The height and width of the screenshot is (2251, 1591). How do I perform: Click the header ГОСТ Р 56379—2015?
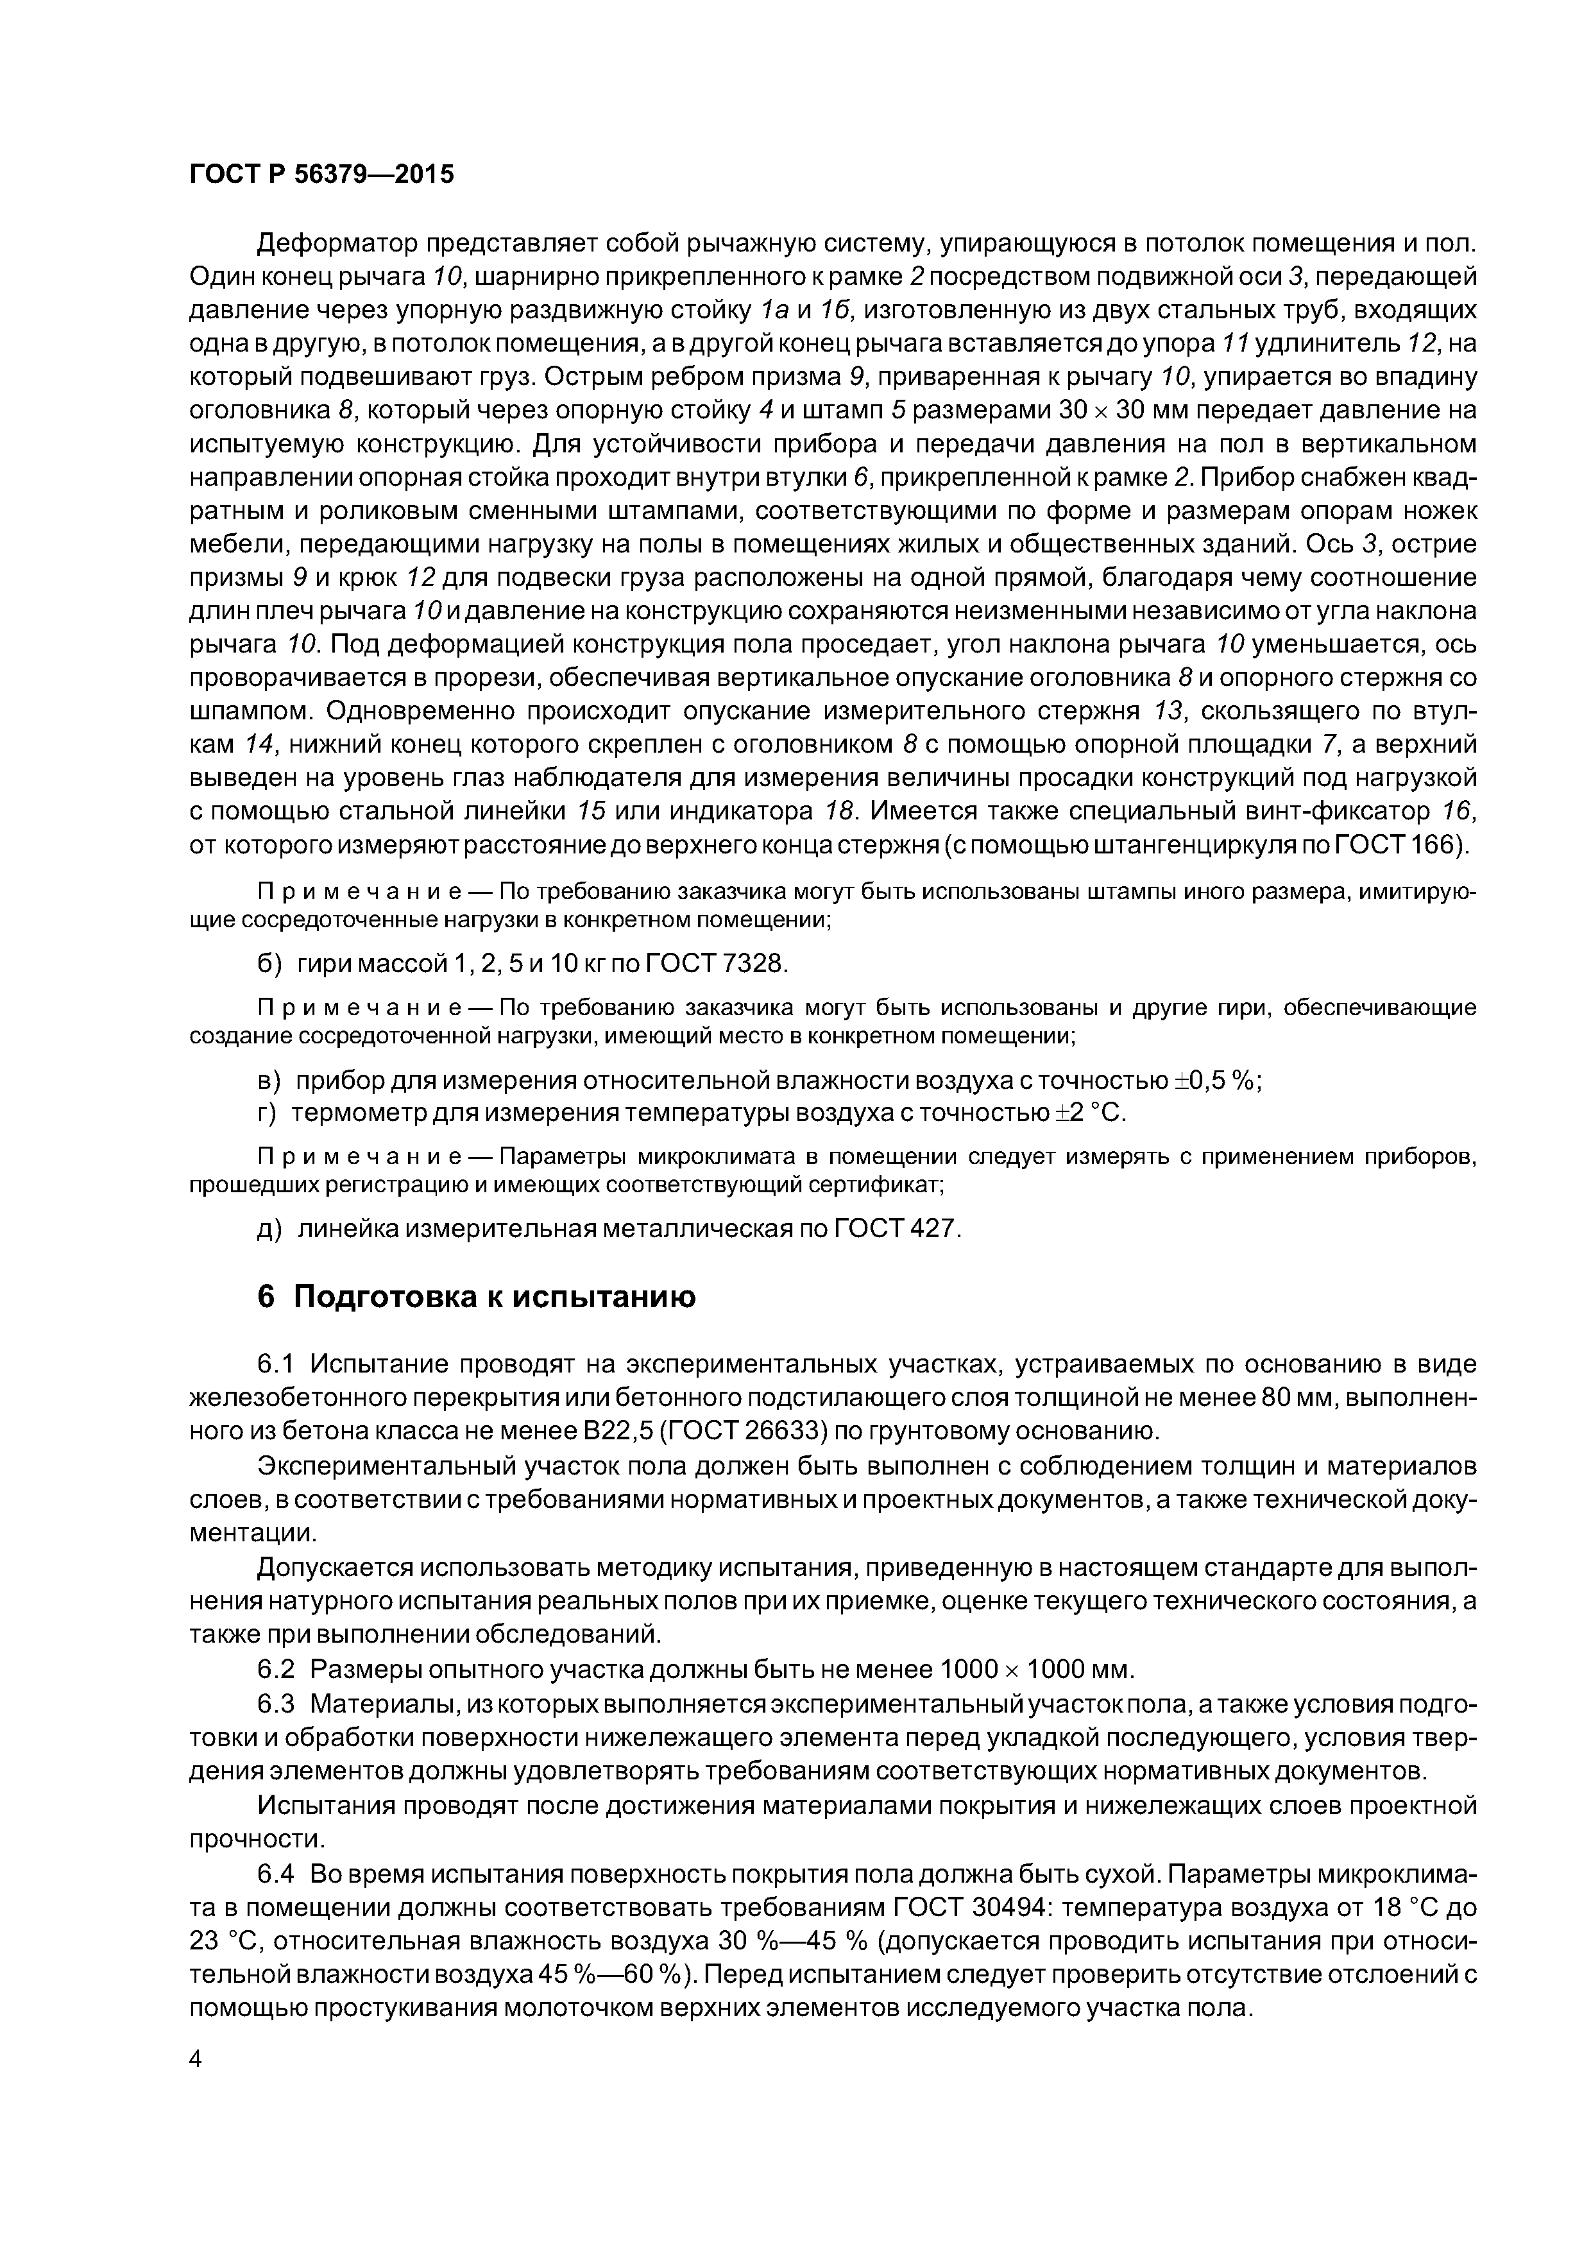[x=321, y=175]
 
